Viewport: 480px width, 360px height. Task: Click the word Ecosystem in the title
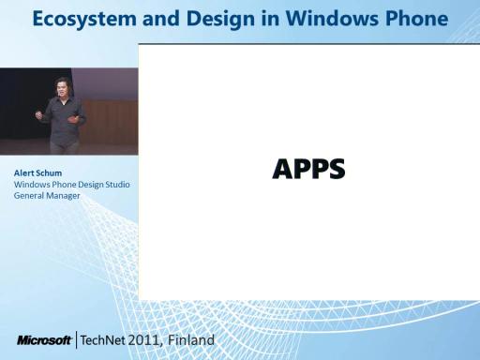coord(84,20)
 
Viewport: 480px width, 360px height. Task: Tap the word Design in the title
coord(220,20)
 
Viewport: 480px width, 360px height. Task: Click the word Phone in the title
coord(417,19)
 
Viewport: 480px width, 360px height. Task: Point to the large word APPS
coord(308,169)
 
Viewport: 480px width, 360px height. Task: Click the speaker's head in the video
coord(63,86)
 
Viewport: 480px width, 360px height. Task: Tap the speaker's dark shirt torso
coord(64,120)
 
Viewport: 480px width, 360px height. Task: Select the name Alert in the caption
coord(25,172)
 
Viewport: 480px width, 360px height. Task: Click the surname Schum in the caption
coord(50,172)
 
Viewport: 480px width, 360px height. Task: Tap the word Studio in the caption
coord(117,185)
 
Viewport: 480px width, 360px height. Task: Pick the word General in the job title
coord(29,196)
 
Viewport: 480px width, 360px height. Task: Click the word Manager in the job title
coord(63,196)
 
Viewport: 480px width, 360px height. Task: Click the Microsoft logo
coord(44,340)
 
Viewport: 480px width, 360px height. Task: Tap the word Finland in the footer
coord(191,340)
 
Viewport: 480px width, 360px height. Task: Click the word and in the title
coord(161,20)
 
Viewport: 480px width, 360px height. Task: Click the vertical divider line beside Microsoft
coord(76,340)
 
